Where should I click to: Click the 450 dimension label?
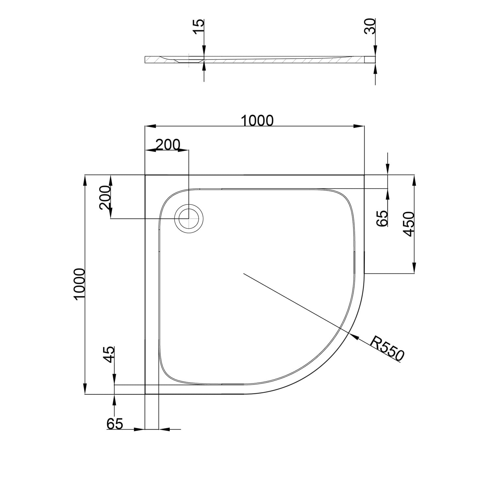(x=409, y=224)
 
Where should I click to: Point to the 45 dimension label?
(x=109, y=354)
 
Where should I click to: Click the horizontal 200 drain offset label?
(x=167, y=144)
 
